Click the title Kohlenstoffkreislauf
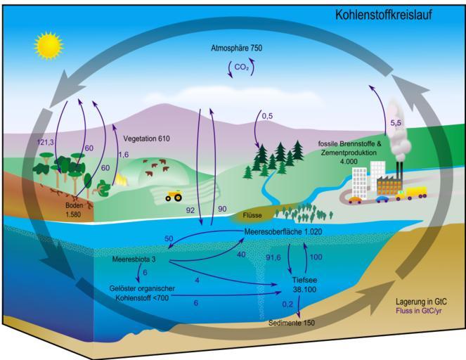pyautogui.click(x=384, y=15)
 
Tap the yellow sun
pyautogui.click(x=48, y=46)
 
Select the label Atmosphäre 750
pyautogui.click(x=237, y=48)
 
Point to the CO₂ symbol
pyautogui.click(x=241, y=67)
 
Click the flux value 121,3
pyautogui.click(x=46, y=143)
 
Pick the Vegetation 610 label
pyautogui.click(x=146, y=139)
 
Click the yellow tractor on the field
pyautogui.click(x=174, y=195)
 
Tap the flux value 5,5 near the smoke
pyautogui.click(x=396, y=123)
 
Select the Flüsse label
pyautogui.click(x=252, y=215)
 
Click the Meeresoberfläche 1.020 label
pyautogui.click(x=283, y=231)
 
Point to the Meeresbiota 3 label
pyautogui.click(x=134, y=259)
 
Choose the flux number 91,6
pyautogui.click(x=273, y=257)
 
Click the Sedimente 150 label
pyautogui.click(x=292, y=323)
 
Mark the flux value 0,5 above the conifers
pyautogui.click(x=267, y=116)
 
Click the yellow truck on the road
pyautogui.click(x=416, y=193)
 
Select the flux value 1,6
pyautogui.click(x=124, y=155)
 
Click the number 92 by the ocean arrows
pyautogui.click(x=190, y=210)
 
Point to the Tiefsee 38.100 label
pyautogui.click(x=304, y=285)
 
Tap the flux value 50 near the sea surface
pyautogui.click(x=169, y=239)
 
